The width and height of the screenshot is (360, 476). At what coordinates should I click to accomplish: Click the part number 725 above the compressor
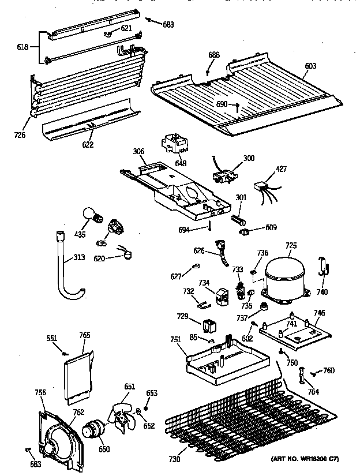[x=291, y=246]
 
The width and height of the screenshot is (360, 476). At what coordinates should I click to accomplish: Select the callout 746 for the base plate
[x=319, y=313]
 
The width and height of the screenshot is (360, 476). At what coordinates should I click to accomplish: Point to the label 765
[x=85, y=335]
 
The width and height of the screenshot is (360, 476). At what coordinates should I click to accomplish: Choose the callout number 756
[x=40, y=392]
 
